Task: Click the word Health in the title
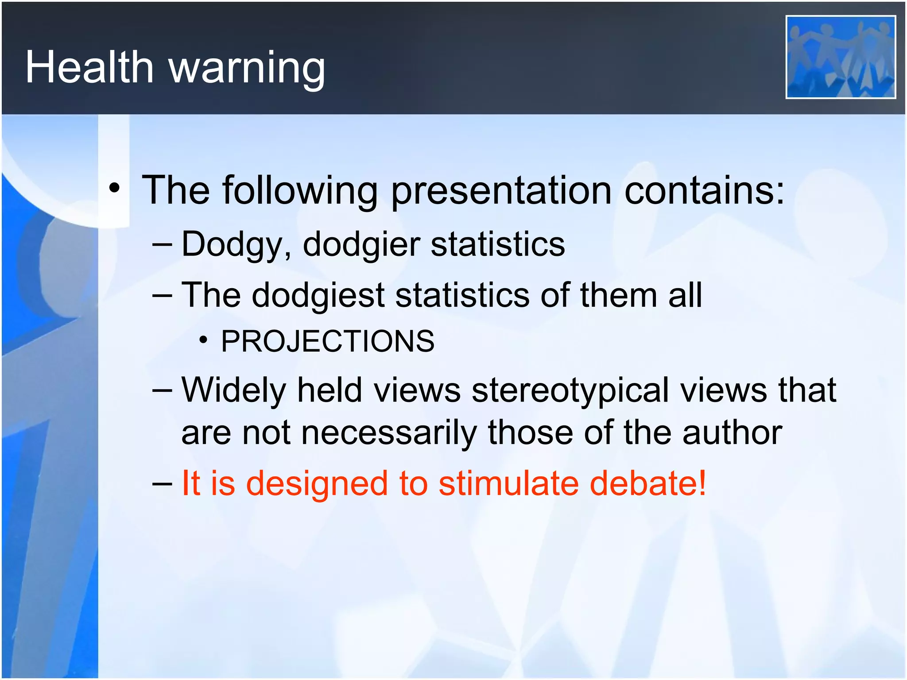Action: (89, 67)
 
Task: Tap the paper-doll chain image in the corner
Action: (840, 57)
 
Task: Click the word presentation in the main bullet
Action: (501, 191)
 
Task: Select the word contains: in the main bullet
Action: (704, 190)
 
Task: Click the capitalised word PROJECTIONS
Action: (328, 341)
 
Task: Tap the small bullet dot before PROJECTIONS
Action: (203, 340)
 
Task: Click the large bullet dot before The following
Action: (114, 188)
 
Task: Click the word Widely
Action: (234, 390)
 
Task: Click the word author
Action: (732, 433)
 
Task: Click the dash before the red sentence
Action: (162, 484)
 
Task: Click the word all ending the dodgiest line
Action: (685, 295)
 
